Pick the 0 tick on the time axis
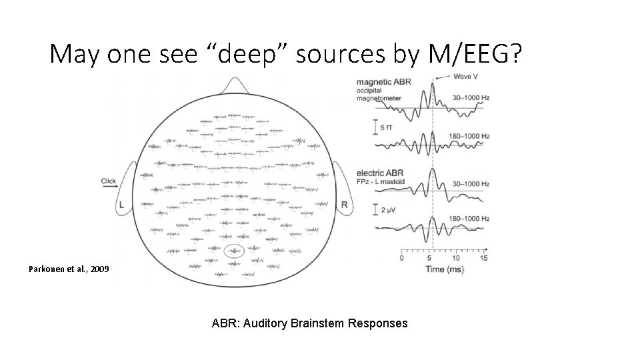(401, 258)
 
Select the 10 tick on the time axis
(455, 258)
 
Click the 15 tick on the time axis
(483, 258)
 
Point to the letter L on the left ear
(121, 206)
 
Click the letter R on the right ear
(344, 205)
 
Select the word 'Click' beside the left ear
(109, 181)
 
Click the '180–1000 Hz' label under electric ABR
(470, 219)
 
